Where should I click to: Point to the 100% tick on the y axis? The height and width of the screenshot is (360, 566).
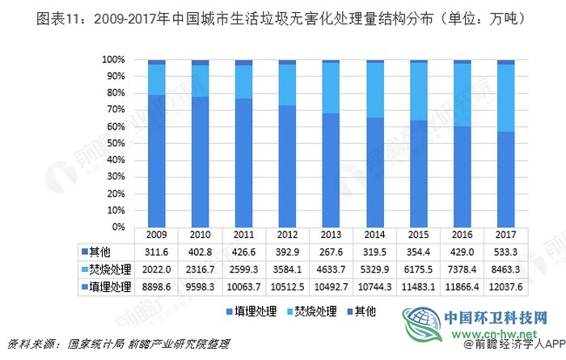pos(113,60)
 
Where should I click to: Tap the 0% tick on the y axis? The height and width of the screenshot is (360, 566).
pos(118,227)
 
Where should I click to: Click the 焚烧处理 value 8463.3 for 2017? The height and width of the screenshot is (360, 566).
pos(505,268)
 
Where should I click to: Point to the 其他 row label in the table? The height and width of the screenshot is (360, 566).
pos(101,251)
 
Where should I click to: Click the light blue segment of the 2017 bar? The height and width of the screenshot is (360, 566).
pos(505,98)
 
